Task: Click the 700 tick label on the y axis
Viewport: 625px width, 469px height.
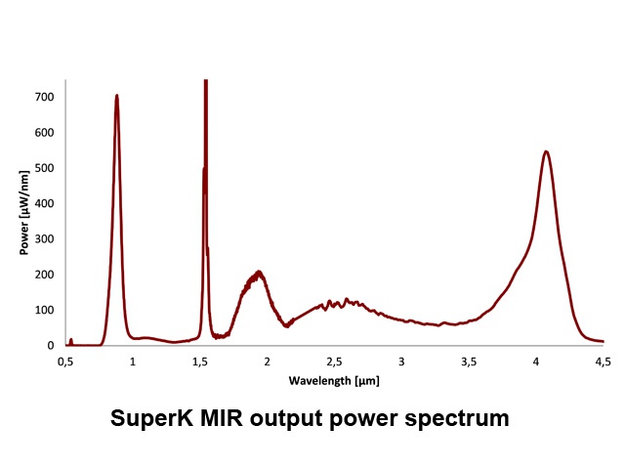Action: (x=44, y=98)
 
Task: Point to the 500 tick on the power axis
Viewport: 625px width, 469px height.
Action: (x=44, y=168)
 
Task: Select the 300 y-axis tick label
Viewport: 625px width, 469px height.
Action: (x=44, y=239)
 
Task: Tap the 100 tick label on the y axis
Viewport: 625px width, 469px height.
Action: (x=44, y=311)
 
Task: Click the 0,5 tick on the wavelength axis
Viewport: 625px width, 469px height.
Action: (x=65, y=362)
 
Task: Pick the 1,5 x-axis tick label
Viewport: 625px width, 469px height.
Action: (x=199, y=362)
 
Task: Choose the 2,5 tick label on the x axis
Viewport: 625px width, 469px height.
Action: (x=334, y=362)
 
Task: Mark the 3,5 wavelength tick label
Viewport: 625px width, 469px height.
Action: (x=469, y=362)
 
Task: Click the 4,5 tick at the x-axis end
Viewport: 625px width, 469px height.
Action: (x=604, y=362)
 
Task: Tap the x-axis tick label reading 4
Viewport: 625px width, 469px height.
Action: (x=536, y=362)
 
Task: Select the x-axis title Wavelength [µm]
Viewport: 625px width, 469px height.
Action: (x=333, y=378)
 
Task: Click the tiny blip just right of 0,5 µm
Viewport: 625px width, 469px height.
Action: (x=71, y=341)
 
